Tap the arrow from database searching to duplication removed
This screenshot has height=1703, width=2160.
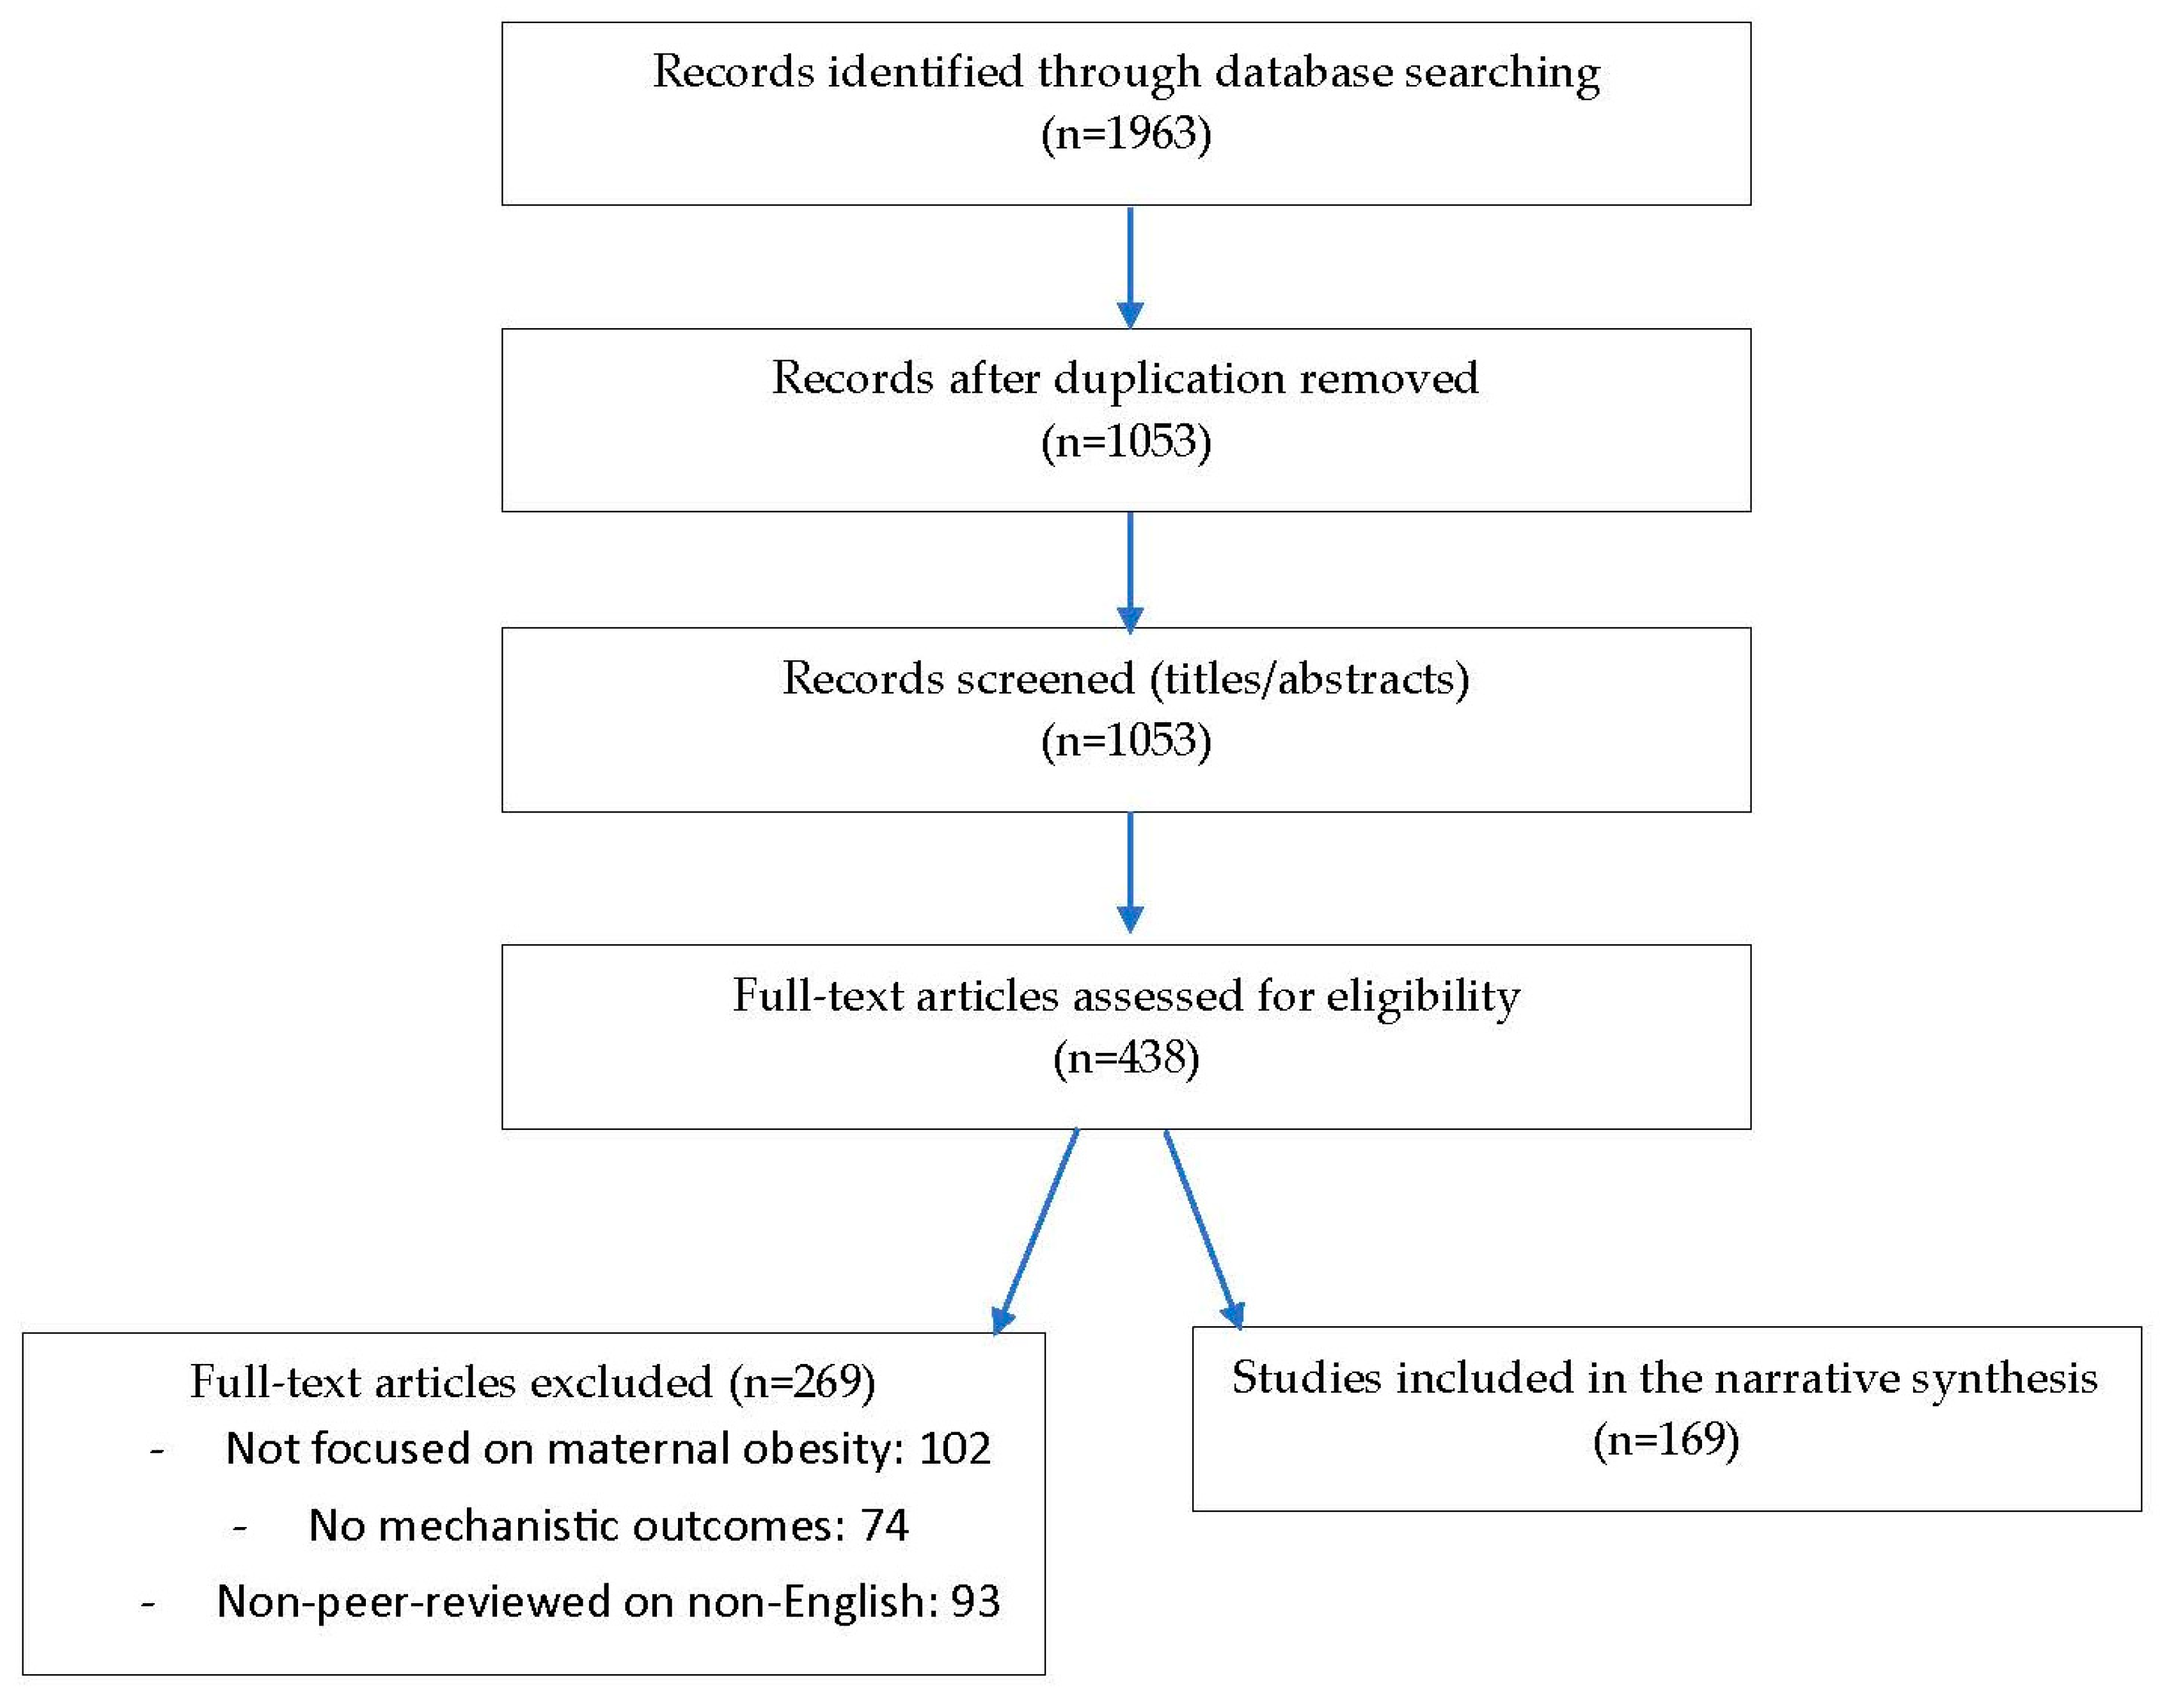click(x=1130, y=267)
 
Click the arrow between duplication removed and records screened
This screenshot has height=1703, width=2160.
click(x=1130, y=573)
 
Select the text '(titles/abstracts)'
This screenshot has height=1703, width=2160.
click(x=1309, y=679)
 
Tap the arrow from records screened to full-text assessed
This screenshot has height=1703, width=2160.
click(x=1130, y=873)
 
